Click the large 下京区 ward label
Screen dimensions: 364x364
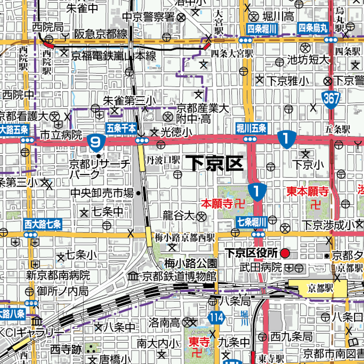[x=216, y=163]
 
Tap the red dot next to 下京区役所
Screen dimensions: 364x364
[x=285, y=253]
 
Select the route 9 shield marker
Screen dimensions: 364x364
[x=96, y=143]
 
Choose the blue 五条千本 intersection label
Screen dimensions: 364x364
[x=121, y=128]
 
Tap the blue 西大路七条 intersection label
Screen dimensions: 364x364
[x=43, y=224]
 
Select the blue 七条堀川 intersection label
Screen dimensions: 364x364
[x=251, y=222]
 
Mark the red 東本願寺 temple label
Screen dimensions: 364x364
[x=307, y=191]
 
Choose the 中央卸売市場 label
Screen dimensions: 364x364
[x=101, y=193]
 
